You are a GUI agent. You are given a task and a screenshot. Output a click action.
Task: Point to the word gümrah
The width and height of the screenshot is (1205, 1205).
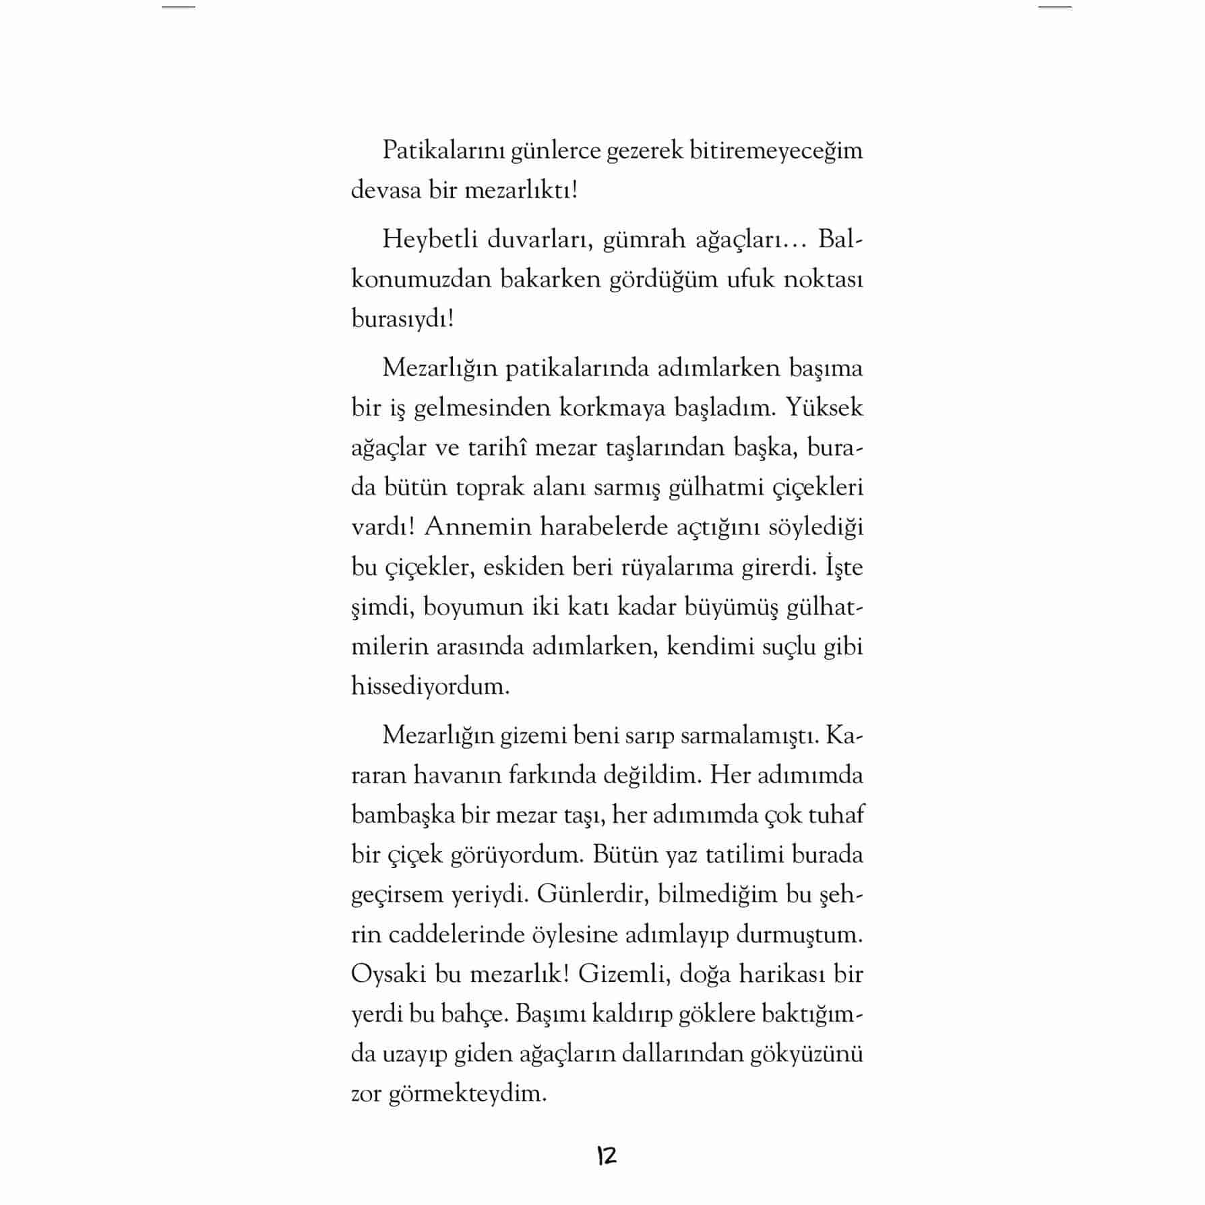click(x=638, y=240)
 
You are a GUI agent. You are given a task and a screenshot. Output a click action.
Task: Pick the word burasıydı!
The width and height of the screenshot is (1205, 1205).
click(x=402, y=319)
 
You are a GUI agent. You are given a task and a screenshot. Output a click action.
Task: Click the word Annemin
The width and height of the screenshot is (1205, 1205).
click(x=478, y=528)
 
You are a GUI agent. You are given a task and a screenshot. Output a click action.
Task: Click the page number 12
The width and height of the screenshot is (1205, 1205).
click(x=606, y=1156)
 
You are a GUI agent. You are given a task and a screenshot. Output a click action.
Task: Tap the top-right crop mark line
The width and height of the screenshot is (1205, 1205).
click(x=1055, y=7)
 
